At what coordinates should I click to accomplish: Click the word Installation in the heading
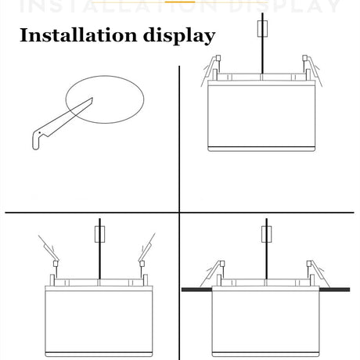tap(78, 35)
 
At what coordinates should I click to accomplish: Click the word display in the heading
tap(179, 36)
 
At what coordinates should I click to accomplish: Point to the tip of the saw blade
tap(92, 98)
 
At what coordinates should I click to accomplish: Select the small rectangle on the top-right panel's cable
tap(262, 28)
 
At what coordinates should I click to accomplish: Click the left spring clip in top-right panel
tap(211, 70)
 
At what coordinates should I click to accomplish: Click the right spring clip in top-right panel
tap(312, 70)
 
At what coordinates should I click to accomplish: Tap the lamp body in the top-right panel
tap(261, 116)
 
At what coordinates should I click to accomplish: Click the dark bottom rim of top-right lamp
tap(261, 149)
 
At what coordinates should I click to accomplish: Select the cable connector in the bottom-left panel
tap(99, 234)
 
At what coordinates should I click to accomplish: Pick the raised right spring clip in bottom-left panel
tap(146, 248)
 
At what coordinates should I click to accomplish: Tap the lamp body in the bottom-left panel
tap(99, 321)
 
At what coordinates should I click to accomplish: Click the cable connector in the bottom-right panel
tap(266, 234)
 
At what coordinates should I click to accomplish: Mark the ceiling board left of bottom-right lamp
tap(196, 290)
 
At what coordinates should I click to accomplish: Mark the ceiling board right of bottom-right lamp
tap(334, 290)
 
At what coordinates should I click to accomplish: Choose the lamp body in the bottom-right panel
tap(265, 321)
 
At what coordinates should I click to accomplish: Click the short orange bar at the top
tap(180, 2)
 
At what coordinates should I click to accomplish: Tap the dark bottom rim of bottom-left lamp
tap(99, 354)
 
